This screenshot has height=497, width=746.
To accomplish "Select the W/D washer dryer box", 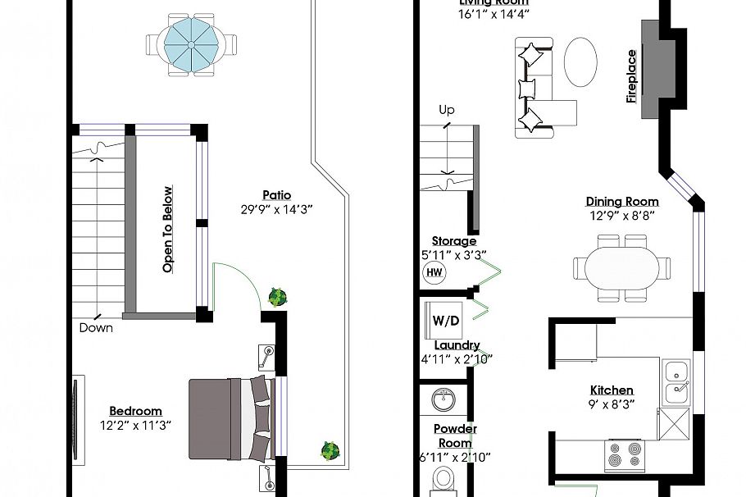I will pos(441,321).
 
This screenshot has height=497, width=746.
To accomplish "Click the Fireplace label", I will pos(631,76).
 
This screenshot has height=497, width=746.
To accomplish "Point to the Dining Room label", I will pos(622,202).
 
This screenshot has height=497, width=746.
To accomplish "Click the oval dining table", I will pos(621,267).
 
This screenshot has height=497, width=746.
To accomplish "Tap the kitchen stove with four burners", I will pos(625,456).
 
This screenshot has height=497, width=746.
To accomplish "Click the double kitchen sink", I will pos(677,381).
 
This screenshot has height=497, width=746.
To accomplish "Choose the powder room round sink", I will pos(444,400).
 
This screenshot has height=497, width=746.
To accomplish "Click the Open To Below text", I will pos(168,230).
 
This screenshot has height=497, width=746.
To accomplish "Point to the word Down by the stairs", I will pos(96,328).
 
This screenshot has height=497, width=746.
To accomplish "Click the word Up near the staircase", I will pos(447,110).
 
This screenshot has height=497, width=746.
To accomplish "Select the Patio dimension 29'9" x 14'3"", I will pos(276,209).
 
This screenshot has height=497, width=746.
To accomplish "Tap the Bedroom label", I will pos(135,411).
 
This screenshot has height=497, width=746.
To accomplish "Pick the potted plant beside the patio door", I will pos(278,297).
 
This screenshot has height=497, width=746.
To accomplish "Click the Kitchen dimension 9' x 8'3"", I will pos(612,404).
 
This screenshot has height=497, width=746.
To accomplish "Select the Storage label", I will pos(454,241).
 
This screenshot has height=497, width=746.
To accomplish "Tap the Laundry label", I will pos(457,345).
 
